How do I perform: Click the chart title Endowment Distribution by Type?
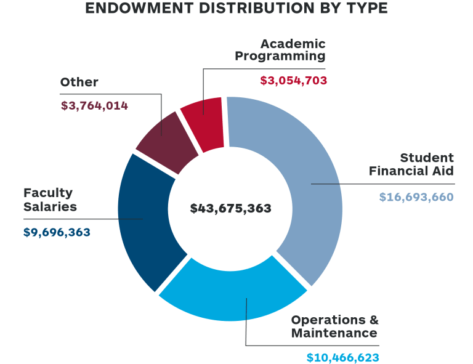click(236, 9)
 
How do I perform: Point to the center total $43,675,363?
click(230, 208)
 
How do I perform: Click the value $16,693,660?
click(416, 197)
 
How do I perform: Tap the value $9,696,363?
click(57, 232)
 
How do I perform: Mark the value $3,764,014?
click(94, 105)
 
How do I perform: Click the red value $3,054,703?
click(293, 80)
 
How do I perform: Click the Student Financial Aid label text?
click(411, 164)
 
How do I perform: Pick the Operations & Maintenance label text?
click(334, 326)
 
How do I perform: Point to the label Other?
click(79, 82)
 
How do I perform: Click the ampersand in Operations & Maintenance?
click(373, 320)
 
